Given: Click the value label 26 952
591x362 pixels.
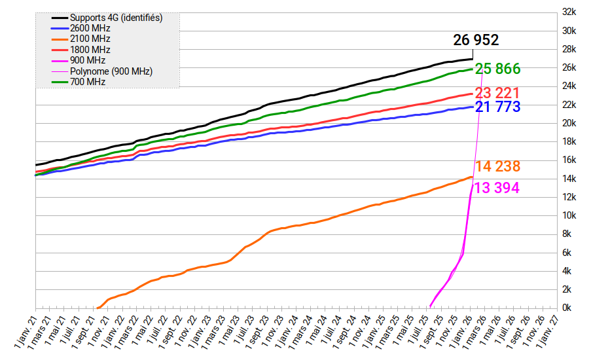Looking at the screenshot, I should [x=476, y=41].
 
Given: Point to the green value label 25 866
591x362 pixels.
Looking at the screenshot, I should [x=497, y=69].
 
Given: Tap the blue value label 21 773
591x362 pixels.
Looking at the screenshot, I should [x=497, y=107].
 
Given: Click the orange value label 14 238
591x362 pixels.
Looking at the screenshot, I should [x=497, y=166].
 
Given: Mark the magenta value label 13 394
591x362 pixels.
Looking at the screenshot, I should [x=496, y=188].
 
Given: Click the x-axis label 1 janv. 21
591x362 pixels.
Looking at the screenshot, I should [x=25, y=331].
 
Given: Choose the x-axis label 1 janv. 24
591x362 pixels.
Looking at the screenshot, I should [x=287, y=331].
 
